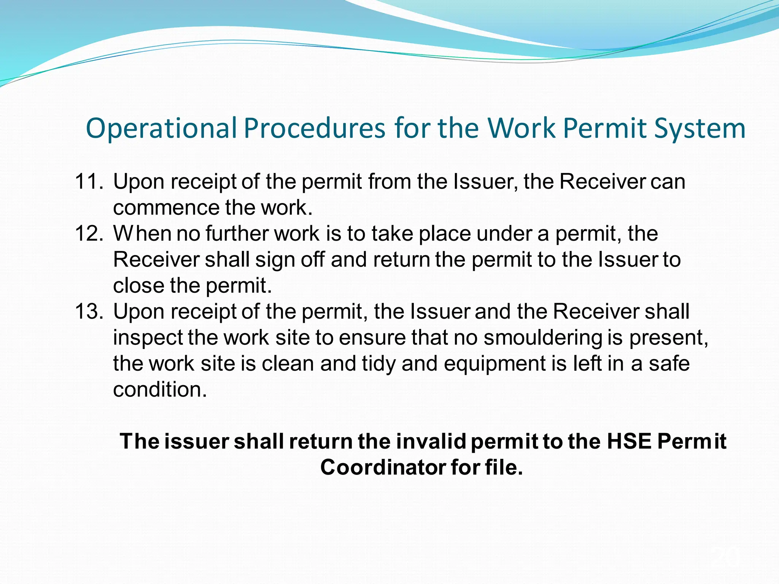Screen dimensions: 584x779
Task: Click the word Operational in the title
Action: pyautogui.click(x=162, y=129)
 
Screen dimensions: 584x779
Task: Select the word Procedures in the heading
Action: pyautogui.click(x=315, y=128)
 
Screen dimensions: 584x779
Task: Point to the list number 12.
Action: pyautogui.click(x=89, y=233)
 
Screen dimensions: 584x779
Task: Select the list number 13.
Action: pyautogui.click(x=89, y=311)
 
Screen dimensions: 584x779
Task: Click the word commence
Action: pyautogui.click(x=166, y=208)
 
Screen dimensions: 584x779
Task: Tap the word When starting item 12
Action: pyautogui.click(x=142, y=233)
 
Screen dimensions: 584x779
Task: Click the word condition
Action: pyautogui.click(x=160, y=390)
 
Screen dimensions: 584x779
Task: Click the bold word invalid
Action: pyautogui.click(x=431, y=441)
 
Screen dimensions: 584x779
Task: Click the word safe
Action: pyautogui.click(x=669, y=363)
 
